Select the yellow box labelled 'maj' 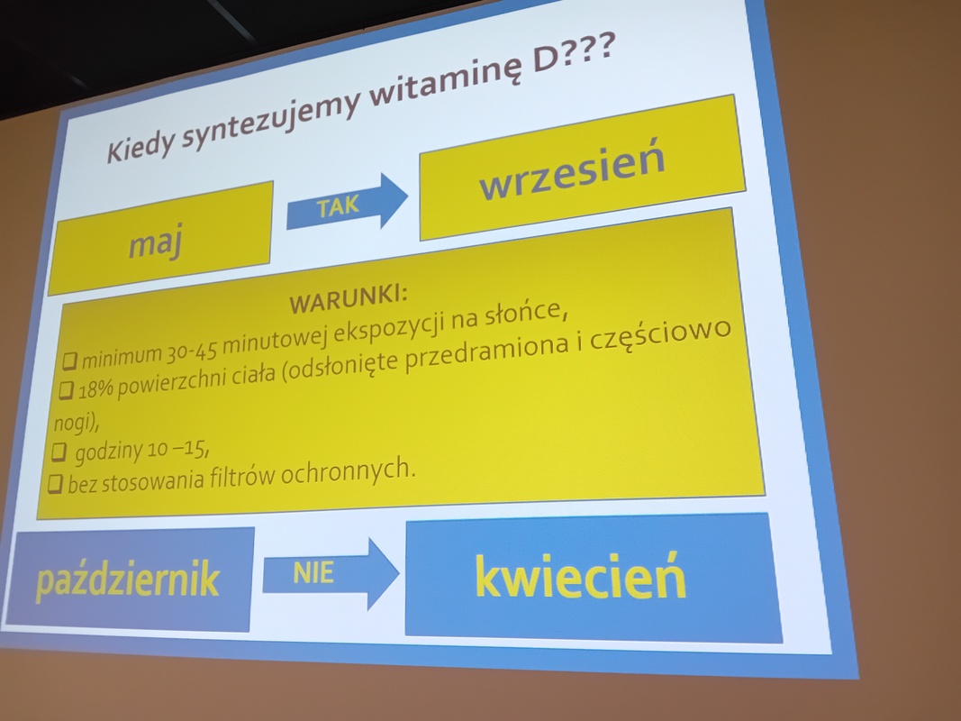[x=161, y=237]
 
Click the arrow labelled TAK [x=347, y=202]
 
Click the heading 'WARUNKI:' [x=349, y=299]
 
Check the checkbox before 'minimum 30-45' [x=69, y=360]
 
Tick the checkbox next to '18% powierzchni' [x=66, y=390]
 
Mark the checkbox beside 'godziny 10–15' [x=59, y=452]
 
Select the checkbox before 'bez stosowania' [x=55, y=484]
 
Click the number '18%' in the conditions [x=95, y=388]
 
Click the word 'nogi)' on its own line [x=76, y=423]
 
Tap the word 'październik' [x=128, y=578]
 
